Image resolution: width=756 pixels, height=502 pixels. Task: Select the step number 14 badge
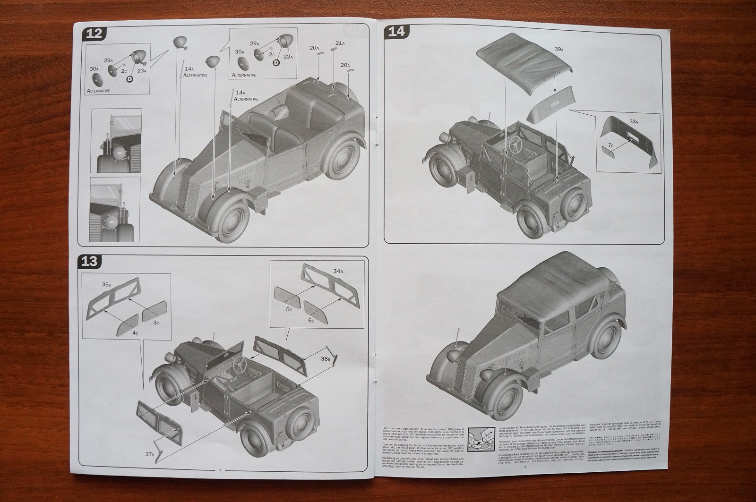[396, 32]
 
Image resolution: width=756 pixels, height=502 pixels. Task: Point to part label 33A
[633, 122]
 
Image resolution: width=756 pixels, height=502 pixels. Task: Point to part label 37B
[149, 454]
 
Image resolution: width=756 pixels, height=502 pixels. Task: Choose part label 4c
[136, 332]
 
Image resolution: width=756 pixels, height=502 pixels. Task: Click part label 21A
[340, 43]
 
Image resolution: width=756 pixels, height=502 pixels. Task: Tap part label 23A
[142, 70]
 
